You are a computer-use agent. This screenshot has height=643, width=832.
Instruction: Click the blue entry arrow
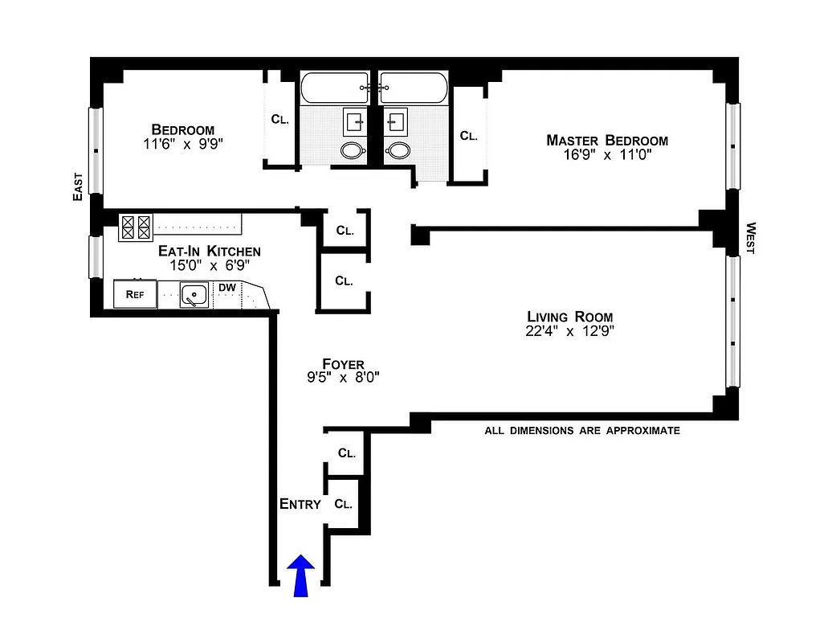(x=301, y=576)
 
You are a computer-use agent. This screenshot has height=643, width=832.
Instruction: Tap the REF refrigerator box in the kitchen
(x=134, y=295)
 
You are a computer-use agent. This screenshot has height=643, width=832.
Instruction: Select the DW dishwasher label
(x=227, y=287)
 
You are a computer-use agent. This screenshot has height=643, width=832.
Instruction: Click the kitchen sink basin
(x=194, y=296)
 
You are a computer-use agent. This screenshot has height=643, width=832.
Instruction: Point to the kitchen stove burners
(x=135, y=227)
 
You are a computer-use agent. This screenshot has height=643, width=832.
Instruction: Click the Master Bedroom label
(x=606, y=141)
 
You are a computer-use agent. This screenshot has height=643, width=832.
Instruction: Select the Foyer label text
(x=344, y=364)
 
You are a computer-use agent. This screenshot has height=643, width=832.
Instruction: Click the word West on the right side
(x=751, y=238)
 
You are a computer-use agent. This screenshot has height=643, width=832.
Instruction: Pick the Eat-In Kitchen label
(x=209, y=251)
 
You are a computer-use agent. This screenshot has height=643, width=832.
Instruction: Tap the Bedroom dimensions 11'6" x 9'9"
(x=183, y=145)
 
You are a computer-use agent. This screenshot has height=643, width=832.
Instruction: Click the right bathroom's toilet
(x=398, y=149)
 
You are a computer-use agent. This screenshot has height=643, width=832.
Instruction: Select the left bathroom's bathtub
(x=335, y=88)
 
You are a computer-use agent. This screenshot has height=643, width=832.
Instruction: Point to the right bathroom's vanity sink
(x=395, y=121)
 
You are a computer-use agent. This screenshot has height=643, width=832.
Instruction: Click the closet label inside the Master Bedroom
(x=469, y=136)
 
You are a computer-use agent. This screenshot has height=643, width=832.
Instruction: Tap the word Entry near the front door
(x=300, y=504)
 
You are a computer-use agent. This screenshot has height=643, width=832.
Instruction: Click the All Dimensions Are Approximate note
(x=581, y=431)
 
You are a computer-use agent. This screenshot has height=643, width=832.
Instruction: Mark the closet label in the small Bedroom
(x=279, y=120)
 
